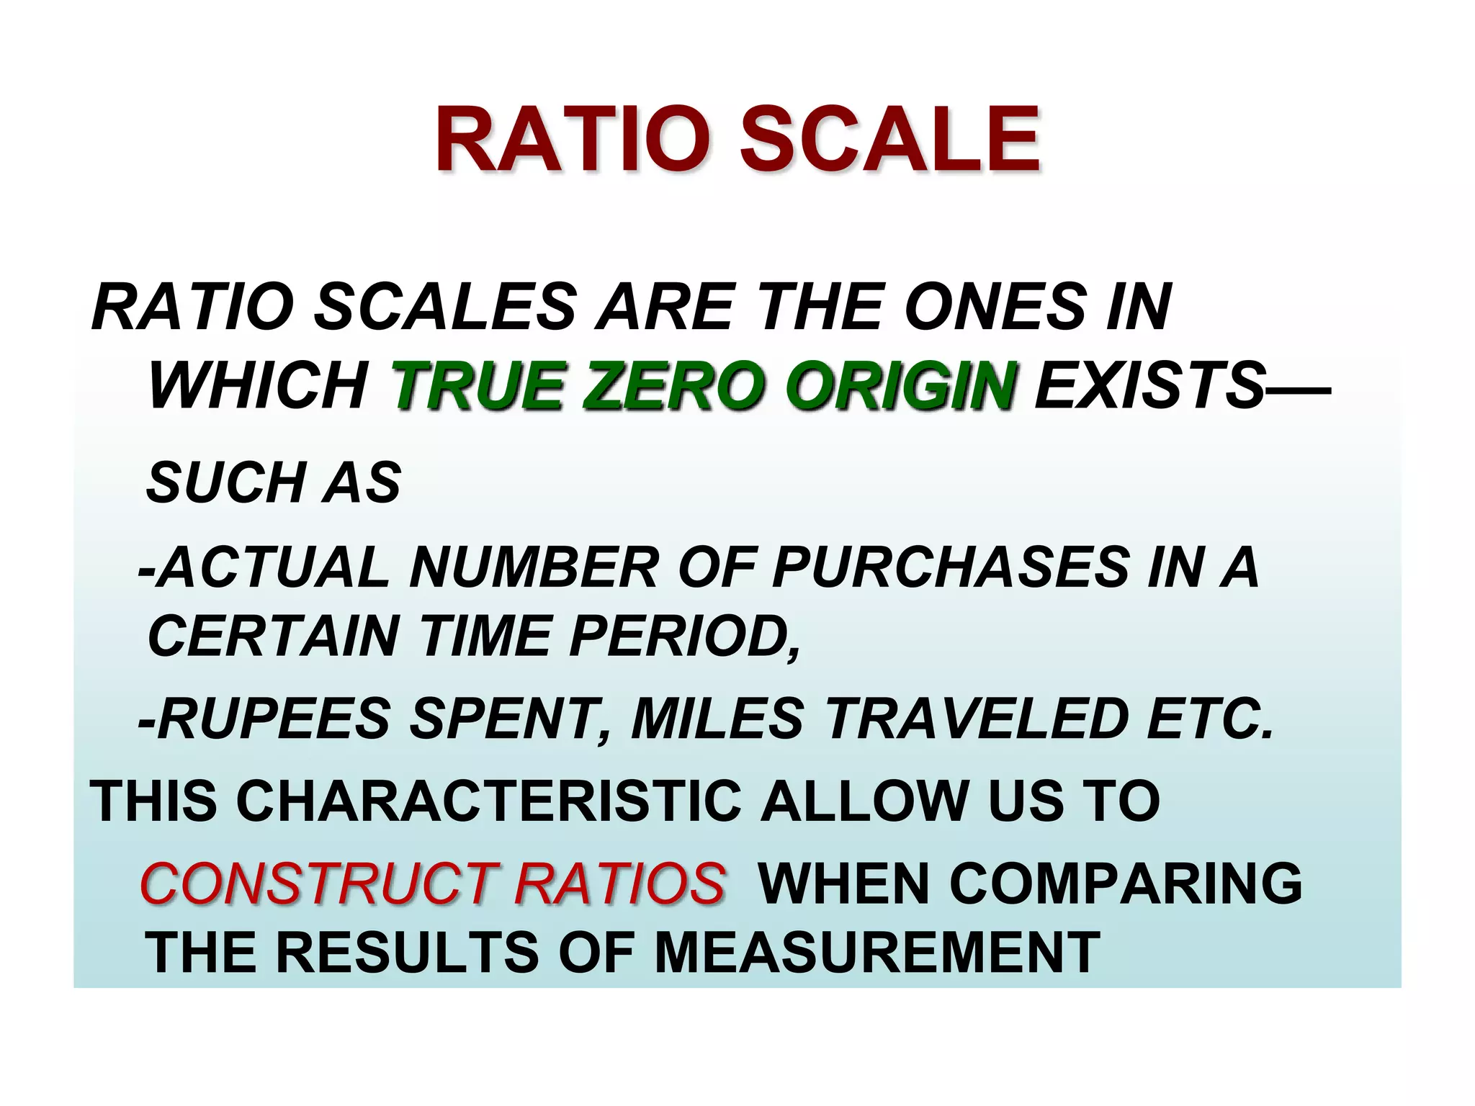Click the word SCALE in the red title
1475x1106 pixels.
(x=890, y=140)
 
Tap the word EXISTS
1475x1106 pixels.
(x=1150, y=387)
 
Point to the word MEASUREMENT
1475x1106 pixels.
(x=877, y=953)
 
